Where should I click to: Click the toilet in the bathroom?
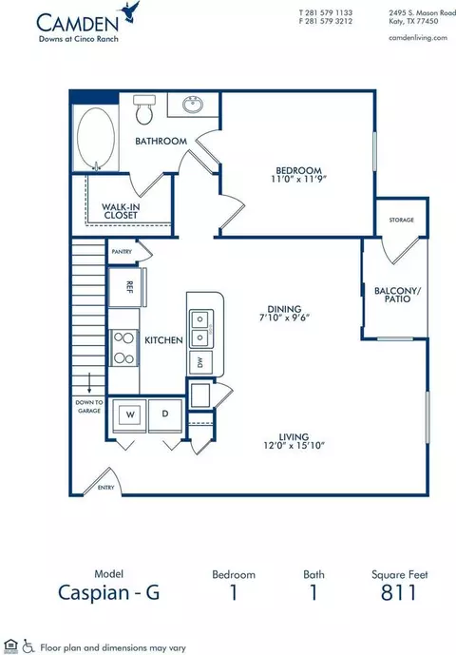(144, 109)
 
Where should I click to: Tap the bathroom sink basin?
(193, 104)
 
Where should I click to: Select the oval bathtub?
(96, 138)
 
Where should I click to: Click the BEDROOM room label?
(298, 170)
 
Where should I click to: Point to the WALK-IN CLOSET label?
(121, 211)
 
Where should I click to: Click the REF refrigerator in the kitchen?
(124, 287)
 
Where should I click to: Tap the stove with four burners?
(123, 348)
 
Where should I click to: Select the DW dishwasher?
(200, 362)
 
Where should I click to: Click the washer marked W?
(130, 414)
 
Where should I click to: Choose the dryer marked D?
(165, 414)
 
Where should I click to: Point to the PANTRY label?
(122, 252)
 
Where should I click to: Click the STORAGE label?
(401, 220)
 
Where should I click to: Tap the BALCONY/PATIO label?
(397, 295)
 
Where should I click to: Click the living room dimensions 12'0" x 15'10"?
(294, 445)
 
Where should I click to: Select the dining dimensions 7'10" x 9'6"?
(284, 318)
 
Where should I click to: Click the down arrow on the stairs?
(89, 383)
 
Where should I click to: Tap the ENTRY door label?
(105, 488)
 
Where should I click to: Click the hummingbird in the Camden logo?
(130, 11)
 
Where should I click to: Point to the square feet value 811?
(399, 593)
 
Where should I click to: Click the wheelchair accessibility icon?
(28, 645)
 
